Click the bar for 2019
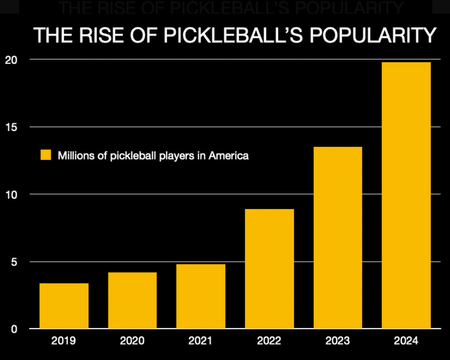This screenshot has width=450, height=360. pos(64,305)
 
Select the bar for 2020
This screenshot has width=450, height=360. pos(132,300)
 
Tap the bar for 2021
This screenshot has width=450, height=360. pos(201,296)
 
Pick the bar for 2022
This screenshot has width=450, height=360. pos(269,269)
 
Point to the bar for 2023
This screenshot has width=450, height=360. pos(338,237)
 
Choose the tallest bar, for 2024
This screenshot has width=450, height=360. pos(406,195)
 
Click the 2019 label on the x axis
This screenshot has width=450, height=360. pos(64,340)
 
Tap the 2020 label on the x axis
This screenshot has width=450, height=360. pos(132,340)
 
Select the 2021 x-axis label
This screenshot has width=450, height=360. pos(201,340)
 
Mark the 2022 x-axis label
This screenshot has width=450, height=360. pos(269,340)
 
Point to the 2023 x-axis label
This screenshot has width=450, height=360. pos(338,340)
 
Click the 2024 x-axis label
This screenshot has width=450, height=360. pos(406,340)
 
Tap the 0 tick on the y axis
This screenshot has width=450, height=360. pos(14,329)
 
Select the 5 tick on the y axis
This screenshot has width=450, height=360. pos(14,262)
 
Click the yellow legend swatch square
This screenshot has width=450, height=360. pos(46,155)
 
